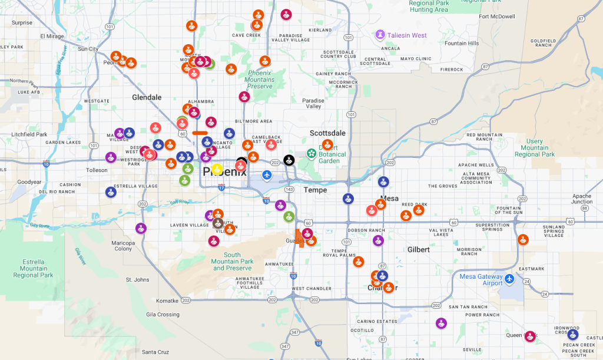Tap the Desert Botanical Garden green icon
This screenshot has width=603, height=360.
click(x=311, y=154)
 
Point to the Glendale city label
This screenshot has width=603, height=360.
click(x=147, y=97)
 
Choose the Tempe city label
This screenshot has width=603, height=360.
click(x=315, y=190)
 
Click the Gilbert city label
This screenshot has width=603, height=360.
click(x=419, y=250)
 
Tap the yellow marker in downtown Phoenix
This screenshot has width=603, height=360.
click(x=217, y=170)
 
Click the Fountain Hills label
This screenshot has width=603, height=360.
click(x=462, y=44)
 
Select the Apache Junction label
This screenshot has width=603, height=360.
click(x=582, y=199)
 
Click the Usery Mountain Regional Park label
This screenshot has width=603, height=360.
click(x=535, y=148)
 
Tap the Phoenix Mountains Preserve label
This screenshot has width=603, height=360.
click(x=260, y=80)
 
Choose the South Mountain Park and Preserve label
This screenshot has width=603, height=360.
click(x=232, y=262)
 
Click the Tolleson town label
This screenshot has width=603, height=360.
click(x=97, y=170)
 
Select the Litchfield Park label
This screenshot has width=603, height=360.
click(x=29, y=134)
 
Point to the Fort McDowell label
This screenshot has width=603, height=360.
click(x=497, y=16)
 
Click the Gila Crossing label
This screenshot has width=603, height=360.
click(x=163, y=315)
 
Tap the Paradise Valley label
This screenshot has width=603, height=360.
click(x=313, y=104)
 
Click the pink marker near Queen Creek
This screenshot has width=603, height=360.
click(x=530, y=336)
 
